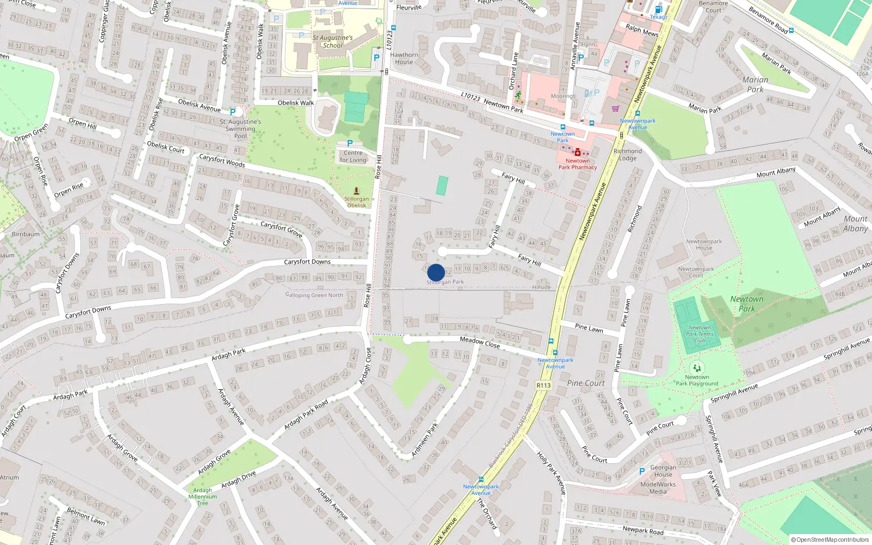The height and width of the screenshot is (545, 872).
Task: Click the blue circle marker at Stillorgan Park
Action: (436, 272)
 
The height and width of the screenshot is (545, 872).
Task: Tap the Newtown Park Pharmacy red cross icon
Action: (578, 153)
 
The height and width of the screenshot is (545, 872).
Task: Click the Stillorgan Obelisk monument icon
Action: (356, 191)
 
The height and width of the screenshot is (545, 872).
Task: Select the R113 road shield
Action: (544, 385)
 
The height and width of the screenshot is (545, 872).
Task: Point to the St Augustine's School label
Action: (332, 41)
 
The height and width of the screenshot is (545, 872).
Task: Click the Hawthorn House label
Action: (404, 58)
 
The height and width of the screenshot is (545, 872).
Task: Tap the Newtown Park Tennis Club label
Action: (699, 334)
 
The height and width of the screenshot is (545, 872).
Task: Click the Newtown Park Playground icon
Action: (697, 368)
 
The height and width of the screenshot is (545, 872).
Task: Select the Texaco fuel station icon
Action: (658, 9)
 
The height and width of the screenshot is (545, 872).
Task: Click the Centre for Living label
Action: (353, 156)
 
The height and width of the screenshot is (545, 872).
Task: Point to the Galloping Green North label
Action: (314, 295)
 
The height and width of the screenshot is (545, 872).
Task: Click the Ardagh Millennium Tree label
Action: (203, 496)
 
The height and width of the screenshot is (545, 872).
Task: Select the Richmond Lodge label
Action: (628, 155)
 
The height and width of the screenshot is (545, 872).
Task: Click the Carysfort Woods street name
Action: (222, 160)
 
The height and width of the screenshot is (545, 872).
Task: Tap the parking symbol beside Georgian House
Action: (641, 471)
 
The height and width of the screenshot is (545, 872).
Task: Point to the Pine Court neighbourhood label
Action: (586, 383)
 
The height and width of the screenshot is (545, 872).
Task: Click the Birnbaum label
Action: (26, 234)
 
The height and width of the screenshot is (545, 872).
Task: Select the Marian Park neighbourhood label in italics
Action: (755, 84)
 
